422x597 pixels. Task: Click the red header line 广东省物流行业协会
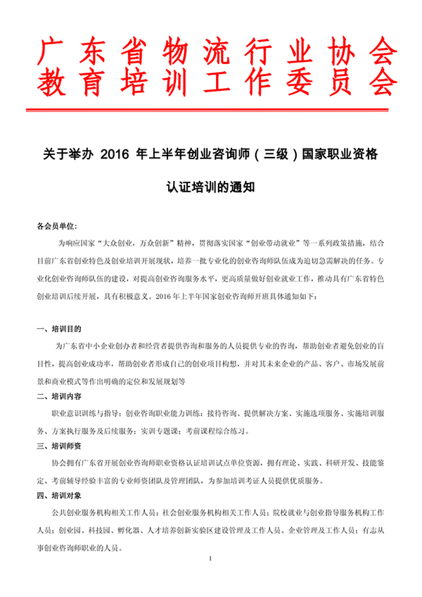point(211,51)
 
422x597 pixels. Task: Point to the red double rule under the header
point(211,109)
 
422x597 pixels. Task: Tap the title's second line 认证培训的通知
point(210,188)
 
